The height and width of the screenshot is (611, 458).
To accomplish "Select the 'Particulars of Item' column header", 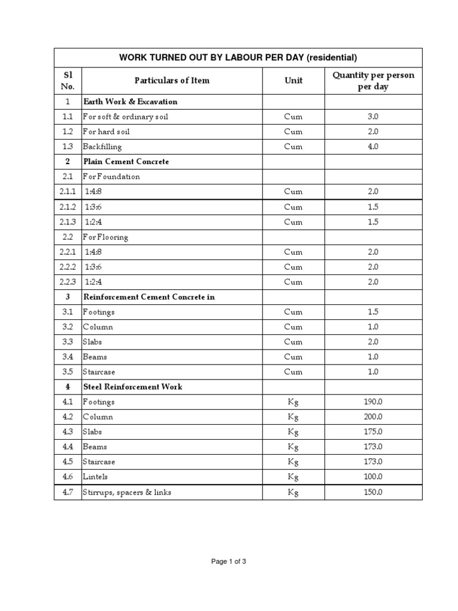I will (172, 81).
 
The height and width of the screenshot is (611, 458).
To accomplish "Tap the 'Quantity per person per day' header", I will (373, 81).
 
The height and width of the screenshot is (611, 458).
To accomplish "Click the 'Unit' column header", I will (293, 81).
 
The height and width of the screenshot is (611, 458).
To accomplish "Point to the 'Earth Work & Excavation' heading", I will (130, 101).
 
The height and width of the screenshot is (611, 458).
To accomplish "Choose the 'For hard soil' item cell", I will (106, 131).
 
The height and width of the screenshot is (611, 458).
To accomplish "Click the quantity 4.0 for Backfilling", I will (373, 146).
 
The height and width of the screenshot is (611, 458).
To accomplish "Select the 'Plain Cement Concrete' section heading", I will (126, 162).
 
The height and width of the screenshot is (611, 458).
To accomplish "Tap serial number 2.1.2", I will (68, 207).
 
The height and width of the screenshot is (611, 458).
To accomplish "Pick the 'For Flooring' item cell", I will (106, 237).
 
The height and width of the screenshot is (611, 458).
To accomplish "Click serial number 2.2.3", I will (68, 282).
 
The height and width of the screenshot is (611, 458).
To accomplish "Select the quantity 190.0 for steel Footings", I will (373, 402).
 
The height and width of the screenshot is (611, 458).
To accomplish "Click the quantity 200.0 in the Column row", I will (373, 417).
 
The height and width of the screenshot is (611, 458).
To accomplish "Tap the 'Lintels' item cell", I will (95, 477).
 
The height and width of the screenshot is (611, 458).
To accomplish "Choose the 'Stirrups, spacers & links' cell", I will (127, 492).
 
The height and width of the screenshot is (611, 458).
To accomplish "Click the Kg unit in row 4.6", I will (293, 477).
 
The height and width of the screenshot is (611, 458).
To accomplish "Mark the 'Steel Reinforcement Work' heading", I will (132, 387).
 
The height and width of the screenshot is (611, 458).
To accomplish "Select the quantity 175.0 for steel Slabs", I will (373, 432).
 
